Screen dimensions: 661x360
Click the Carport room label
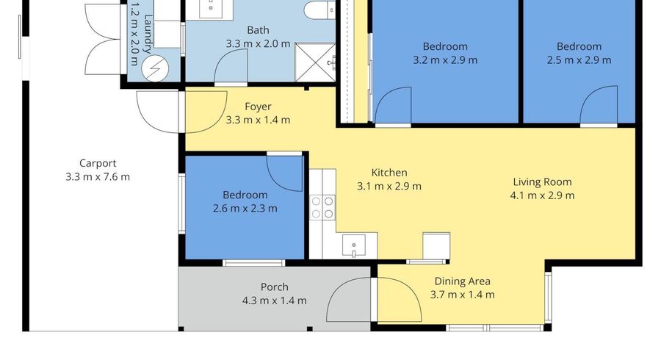coord(98,164)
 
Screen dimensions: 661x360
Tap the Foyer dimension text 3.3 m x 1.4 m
coord(258,120)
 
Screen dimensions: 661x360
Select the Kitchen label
coord(389,173)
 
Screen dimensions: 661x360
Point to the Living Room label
coord(542,182)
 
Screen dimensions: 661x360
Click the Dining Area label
coord(463,281)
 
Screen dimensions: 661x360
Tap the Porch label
coord(275,287)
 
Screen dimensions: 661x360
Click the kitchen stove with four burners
coord(322,207)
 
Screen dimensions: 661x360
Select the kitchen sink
coord(354,246)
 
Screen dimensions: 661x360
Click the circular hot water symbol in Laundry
coord(155,68)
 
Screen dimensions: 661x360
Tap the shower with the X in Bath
coord(315,62)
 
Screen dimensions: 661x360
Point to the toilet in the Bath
coord(319,10)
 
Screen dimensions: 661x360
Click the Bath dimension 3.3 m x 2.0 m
coord(258,44)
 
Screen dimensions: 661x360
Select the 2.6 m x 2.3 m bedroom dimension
coord(245,208)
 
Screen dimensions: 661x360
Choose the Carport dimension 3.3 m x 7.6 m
coord(98,177)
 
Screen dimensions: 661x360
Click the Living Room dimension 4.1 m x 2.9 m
coord(542,195)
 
